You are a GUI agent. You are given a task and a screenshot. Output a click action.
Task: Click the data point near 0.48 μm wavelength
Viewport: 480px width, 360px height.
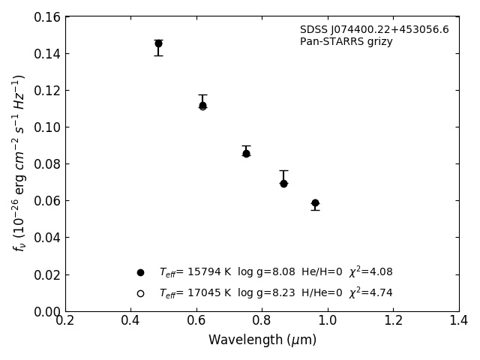pos(158,43)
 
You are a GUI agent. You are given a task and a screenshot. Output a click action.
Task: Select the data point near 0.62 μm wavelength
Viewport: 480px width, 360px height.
pos(202,106)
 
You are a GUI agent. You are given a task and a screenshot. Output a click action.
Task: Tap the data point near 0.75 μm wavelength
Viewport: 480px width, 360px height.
pos(246,153)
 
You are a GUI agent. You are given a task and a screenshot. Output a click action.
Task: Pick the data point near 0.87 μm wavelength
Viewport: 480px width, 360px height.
pos(283,183)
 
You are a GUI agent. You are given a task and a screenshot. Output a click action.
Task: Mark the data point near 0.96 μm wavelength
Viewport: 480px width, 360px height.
pos(315,202)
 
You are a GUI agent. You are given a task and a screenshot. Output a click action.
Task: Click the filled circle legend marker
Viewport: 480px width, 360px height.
pos(140,272)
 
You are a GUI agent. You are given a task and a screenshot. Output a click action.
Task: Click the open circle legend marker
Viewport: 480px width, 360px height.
pos(140,293)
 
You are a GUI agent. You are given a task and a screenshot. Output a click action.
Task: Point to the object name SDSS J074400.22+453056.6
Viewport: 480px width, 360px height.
pos(374,30)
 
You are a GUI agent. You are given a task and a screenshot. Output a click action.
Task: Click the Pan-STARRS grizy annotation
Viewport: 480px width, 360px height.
pos(346,42)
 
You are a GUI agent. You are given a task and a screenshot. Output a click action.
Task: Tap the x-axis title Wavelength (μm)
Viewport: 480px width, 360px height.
pos(262,340)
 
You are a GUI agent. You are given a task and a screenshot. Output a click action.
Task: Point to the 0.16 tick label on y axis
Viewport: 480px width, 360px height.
pos(46,17)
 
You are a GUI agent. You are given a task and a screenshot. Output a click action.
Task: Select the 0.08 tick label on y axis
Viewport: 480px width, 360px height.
pos(46,164)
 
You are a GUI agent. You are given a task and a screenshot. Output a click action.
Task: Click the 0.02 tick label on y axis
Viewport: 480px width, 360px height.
pos(46,274)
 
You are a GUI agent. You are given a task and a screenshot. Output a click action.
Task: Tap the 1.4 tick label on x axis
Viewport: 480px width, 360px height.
pos(459,321)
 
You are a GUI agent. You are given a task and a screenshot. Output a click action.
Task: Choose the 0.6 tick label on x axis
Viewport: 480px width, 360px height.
pos(196,321)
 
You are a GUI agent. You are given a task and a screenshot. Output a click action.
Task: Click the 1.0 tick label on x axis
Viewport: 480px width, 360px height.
pos(328,321)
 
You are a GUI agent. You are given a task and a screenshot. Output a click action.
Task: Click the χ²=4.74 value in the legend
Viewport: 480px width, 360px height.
pos(370,292)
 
